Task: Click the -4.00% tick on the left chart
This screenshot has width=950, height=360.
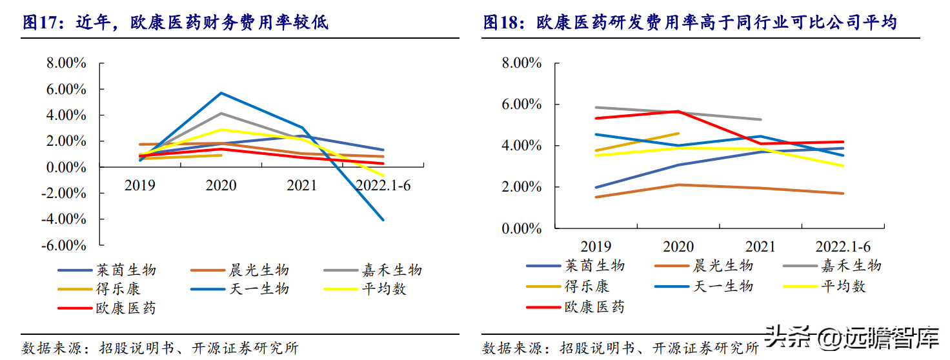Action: pos(64,219)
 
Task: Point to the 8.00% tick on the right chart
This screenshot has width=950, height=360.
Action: pos(521,63)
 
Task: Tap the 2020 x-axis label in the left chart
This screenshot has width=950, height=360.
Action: pos(221,186)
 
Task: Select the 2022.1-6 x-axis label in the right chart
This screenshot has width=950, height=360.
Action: pos(843,247)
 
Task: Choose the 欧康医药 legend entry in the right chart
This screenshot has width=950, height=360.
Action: pos(594,306)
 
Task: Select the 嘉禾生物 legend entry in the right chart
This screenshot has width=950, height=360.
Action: pos(851,266)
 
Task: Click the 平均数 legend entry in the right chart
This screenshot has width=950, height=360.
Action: pos(843,286)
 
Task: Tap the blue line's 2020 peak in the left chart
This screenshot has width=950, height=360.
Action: pos(221,93)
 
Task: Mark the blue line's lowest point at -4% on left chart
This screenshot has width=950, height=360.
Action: pos(383,220)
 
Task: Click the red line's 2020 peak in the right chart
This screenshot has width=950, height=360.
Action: pos(678,112)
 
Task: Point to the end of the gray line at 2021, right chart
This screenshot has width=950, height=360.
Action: pos(761,119)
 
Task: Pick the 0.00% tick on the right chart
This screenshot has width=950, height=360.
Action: pos(521,229)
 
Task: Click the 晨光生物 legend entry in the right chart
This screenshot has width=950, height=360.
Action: pos(723,266)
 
